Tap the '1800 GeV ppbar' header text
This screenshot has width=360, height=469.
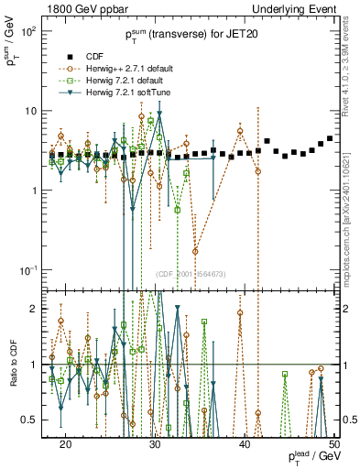(x=85, y=8)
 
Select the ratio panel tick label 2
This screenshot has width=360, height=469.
(x=35, y=309)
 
